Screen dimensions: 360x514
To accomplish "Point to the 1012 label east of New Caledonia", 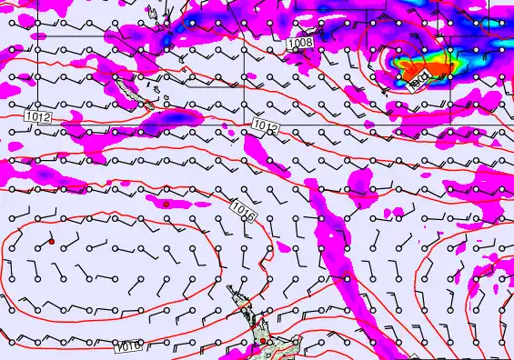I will pyautogui.click(x=266, y=127).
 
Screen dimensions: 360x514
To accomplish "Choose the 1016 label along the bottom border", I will pyautogui.click(x=128, y=346).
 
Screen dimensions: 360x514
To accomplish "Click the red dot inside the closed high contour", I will pyautogui.click(x=52, y=241).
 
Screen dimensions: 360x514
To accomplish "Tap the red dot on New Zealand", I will pyautogui.click(x=262, y=341).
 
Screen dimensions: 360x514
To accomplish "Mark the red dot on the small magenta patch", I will pyautogui.click(x=167, y=205).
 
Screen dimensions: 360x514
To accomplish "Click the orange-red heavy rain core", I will pyautogui.click(x=428, y=69).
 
